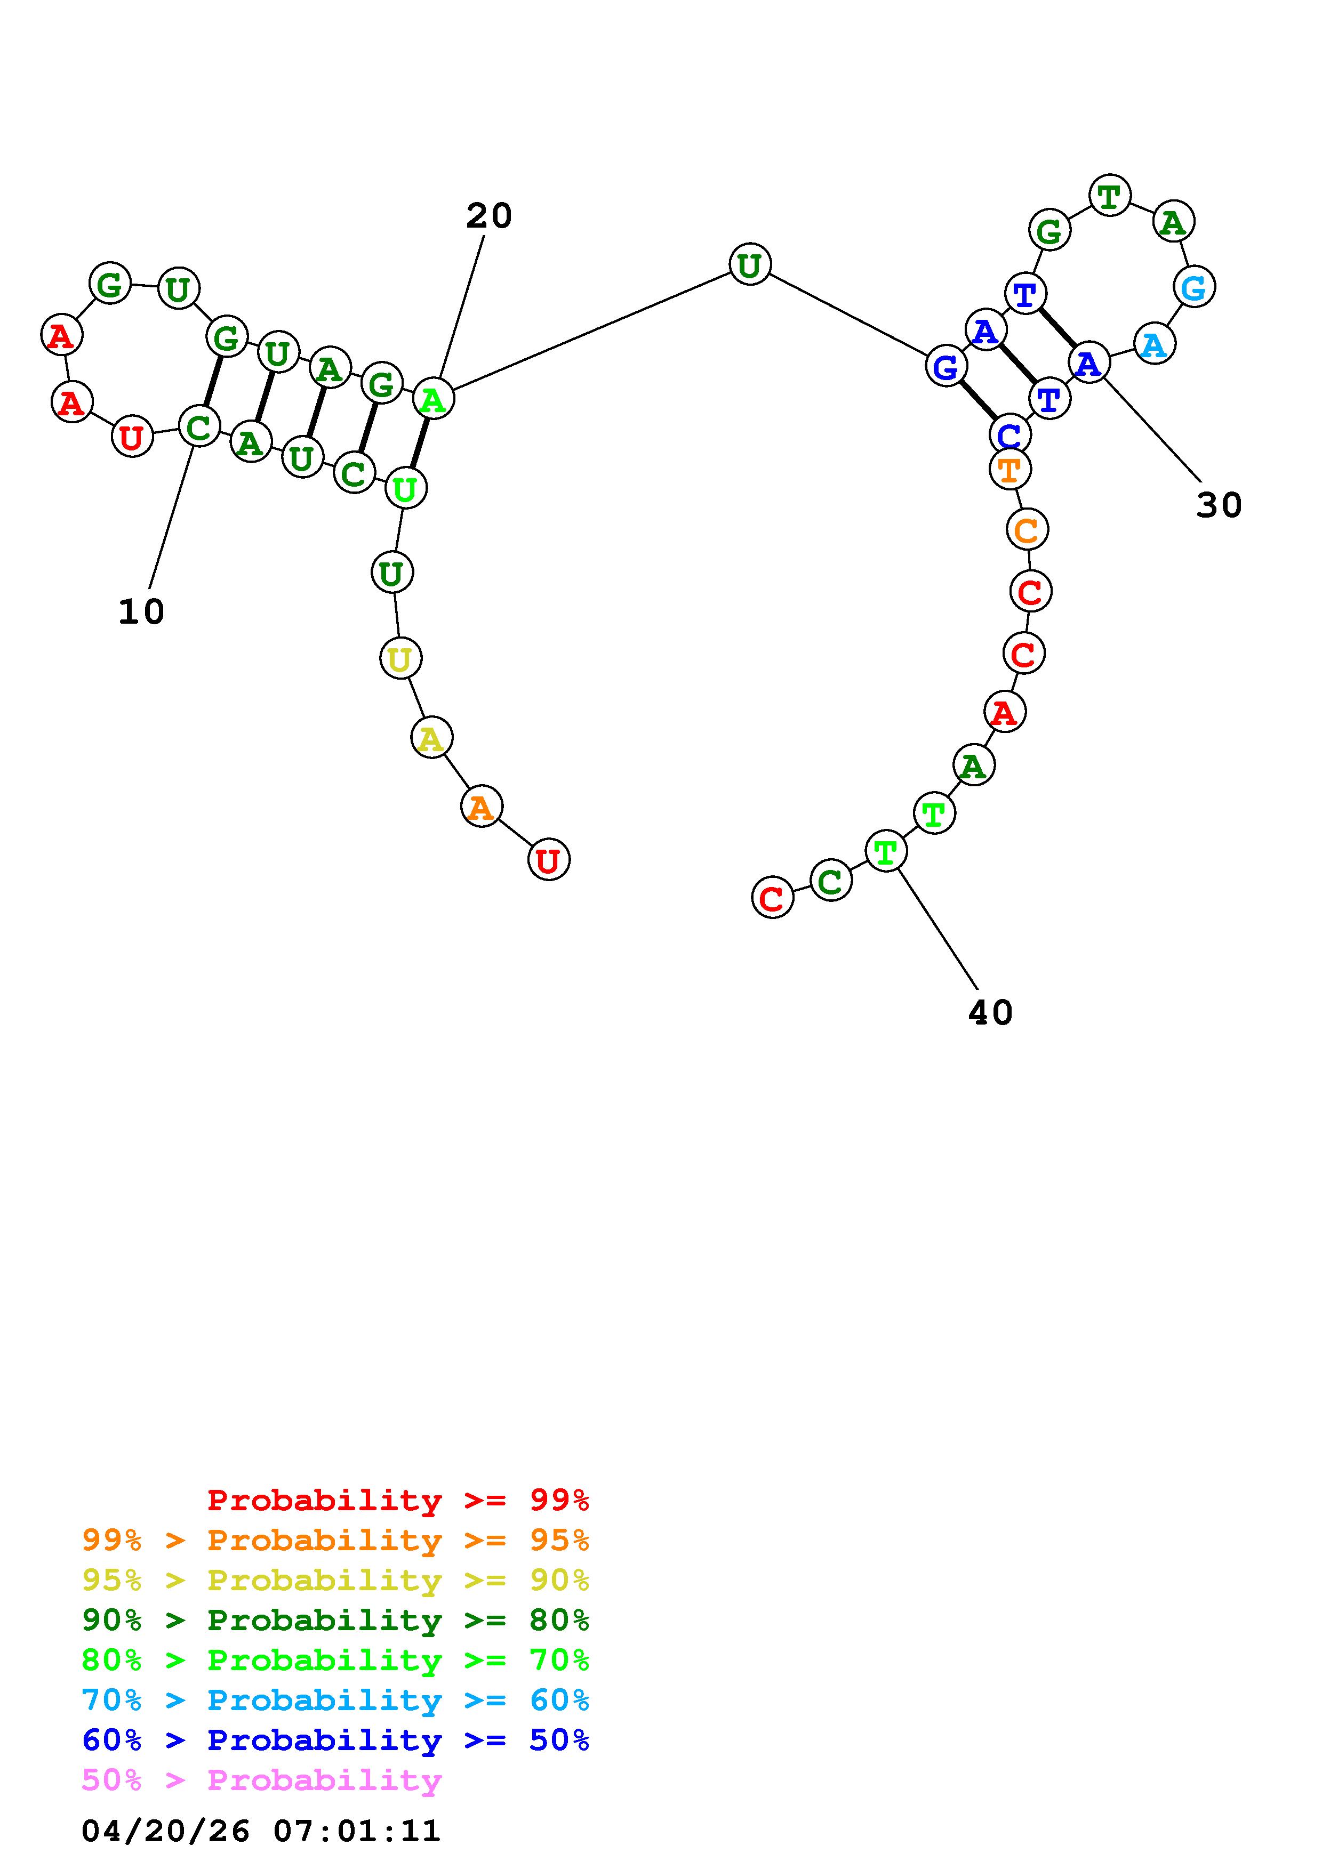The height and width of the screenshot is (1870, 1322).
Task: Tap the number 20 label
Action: (488, 216)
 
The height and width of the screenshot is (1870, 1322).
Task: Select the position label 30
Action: (1219, 505)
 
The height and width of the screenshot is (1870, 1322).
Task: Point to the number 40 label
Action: (990, 1012)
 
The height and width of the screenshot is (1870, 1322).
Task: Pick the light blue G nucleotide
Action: (1194, 287)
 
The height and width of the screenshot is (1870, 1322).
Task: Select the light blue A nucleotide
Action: (1153, 344)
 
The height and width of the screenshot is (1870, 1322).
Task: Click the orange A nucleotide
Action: (482, 807)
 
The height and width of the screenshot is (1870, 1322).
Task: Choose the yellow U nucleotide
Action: (400, 658)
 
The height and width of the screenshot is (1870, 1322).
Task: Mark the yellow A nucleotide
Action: (431, 738)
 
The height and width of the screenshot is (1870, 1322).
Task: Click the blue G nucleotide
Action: (946, 367)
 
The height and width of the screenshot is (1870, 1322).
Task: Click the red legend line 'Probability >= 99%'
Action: (397, 1500)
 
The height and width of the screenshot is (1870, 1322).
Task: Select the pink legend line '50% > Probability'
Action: (261, 1779)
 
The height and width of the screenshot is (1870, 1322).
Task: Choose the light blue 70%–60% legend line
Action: (335, 1700)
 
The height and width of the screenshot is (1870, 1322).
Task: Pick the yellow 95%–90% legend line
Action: (335, 1580)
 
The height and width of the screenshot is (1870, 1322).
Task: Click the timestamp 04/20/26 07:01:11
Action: (261, 1831)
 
